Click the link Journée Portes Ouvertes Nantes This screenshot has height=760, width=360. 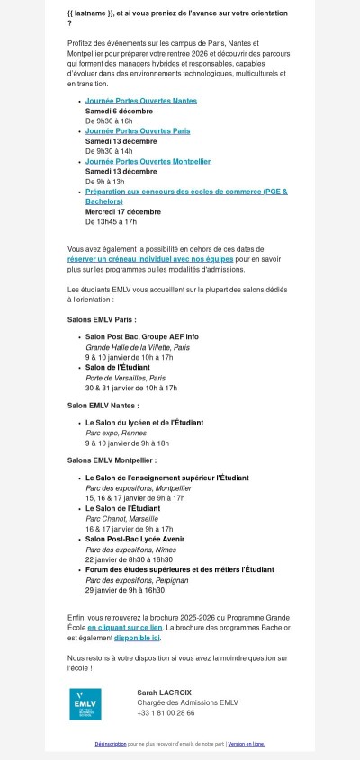(140, 102)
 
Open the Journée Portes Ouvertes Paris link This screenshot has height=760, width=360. (138, 131)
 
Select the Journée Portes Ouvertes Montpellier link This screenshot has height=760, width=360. (148, 161)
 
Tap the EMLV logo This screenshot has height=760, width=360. (88, 704)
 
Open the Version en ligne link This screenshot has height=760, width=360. (246, 744)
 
